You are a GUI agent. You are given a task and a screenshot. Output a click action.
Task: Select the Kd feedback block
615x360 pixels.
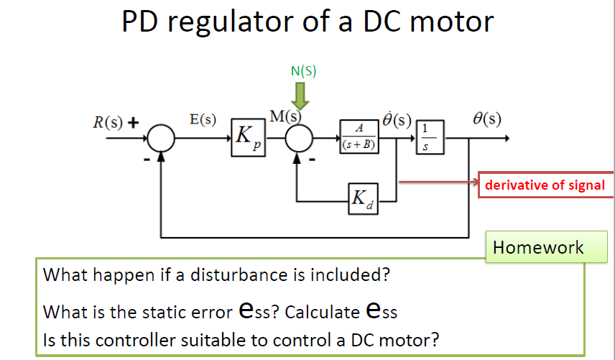360,199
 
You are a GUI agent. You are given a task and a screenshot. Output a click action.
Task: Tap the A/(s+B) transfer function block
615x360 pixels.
359,137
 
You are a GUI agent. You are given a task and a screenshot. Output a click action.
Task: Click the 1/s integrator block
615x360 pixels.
429,137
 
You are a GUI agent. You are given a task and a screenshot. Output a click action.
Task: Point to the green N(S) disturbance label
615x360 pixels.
303,70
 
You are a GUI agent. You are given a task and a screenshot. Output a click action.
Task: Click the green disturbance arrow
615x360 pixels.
302,96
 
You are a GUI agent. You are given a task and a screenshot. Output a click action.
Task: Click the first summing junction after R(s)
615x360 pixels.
161,137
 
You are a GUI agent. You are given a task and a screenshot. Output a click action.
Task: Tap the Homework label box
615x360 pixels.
538,248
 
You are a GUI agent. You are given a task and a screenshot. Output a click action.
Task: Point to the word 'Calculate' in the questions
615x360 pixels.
325,312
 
